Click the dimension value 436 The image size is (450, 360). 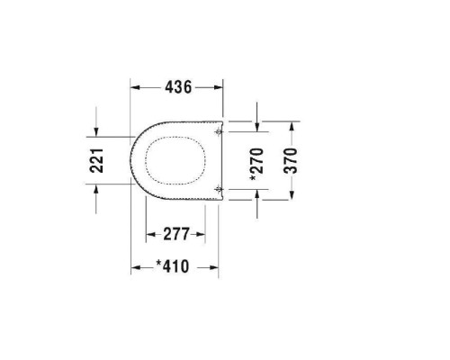point(177,88)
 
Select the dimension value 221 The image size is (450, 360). point(100,161)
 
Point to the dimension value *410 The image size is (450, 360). point(175,266)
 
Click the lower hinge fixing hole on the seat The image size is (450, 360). point(220,188)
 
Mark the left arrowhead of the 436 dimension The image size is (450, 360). point(136,88)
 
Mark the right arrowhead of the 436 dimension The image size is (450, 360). point(220,88)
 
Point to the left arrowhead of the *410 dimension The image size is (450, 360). point(136,266)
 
